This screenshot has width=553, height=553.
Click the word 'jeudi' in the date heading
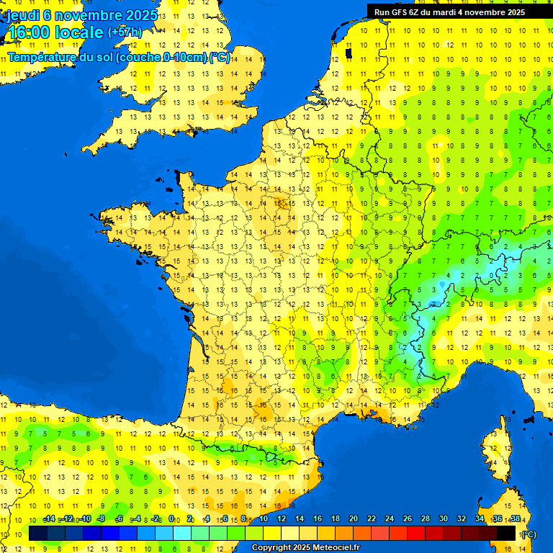[x=22, y=14]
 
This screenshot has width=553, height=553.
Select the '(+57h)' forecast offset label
[x=125, y=32]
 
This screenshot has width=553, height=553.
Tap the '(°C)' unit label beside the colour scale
[x=528, y=534]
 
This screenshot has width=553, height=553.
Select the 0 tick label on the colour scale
[x=171, y=518]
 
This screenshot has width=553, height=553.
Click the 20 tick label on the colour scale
[x=353, y=518]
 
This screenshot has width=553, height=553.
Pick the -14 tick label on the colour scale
[x=49, y=518]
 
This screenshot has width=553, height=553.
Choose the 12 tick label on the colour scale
[x=281, y=518]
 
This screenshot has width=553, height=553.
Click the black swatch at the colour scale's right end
[x=506, y=534]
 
